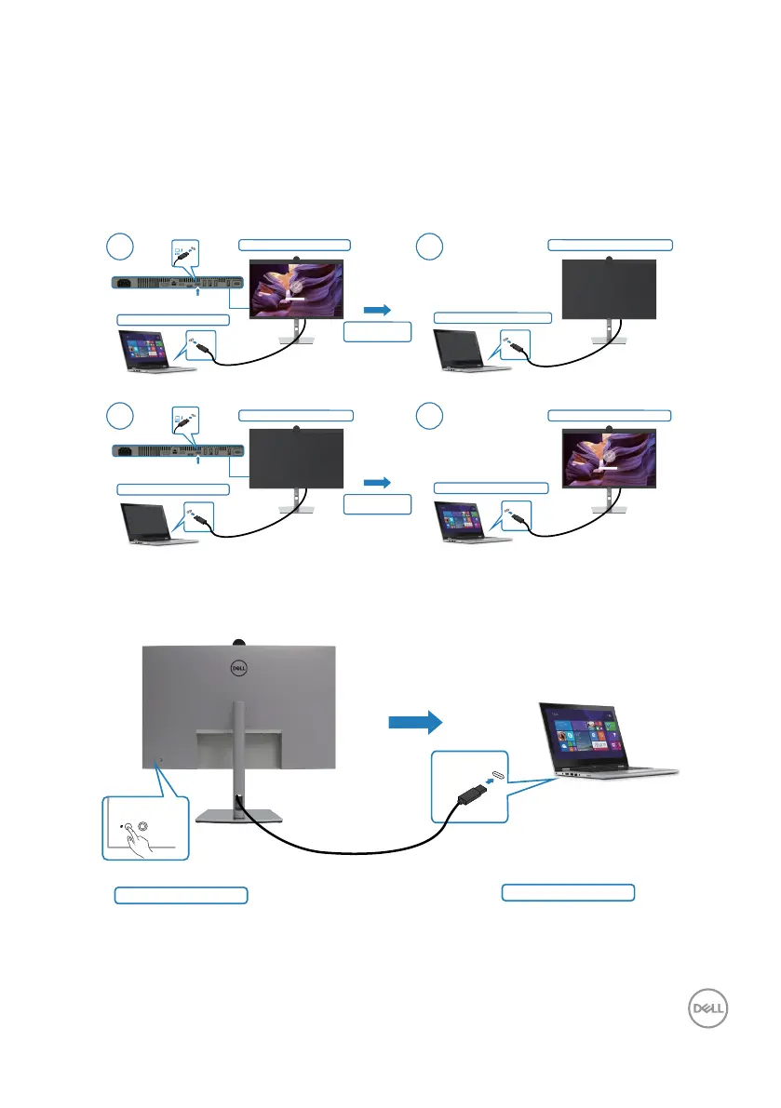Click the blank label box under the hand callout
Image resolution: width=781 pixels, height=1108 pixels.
(181, 895)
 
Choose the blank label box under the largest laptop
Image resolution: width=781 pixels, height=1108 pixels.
(568, 892)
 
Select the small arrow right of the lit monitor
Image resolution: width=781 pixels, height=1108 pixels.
(377, 308)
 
